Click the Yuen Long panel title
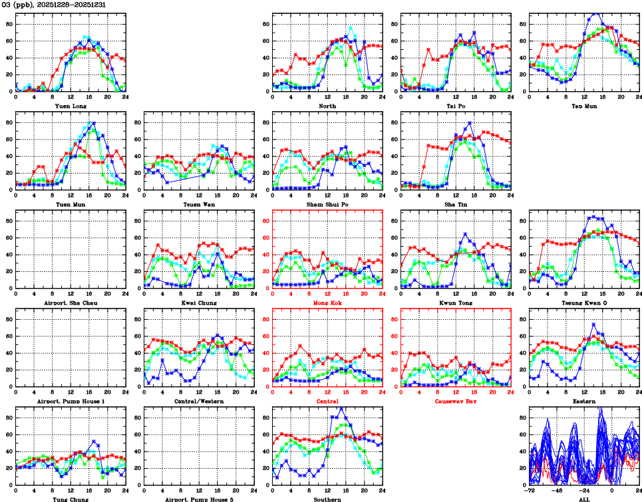tap(70, 105)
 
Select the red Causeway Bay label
tap(456, 401)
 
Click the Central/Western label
tap(198, 401)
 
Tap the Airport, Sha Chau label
tap(70, 303)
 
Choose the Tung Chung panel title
tap(70, 499)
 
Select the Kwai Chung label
tap(198, 303)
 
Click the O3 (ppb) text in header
tap(17, 5)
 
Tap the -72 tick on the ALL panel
tap(530, 491)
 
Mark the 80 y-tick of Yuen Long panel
tap(9, 24)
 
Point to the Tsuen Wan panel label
tap(198, 204)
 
